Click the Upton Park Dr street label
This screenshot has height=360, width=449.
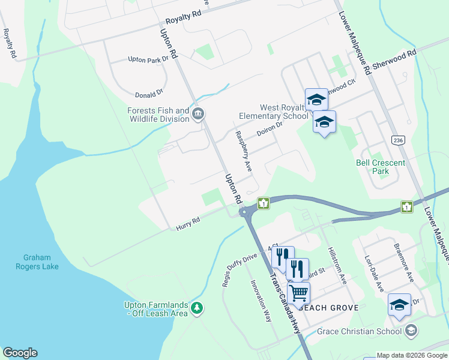(147, 60)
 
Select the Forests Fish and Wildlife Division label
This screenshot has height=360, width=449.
(158, 115)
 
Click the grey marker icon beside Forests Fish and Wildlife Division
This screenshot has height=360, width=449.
(199, 113)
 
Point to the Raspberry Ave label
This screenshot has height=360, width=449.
(243, 149)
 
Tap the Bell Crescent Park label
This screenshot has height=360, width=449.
(381, 167)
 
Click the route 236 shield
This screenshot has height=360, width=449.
(397, 140)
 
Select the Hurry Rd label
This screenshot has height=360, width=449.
(187, 224)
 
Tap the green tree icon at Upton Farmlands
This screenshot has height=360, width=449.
(197, 308)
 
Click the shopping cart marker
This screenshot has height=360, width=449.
(298, 293)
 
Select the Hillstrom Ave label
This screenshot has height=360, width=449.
(336, 265)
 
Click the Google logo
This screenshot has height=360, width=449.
(20, 353)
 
